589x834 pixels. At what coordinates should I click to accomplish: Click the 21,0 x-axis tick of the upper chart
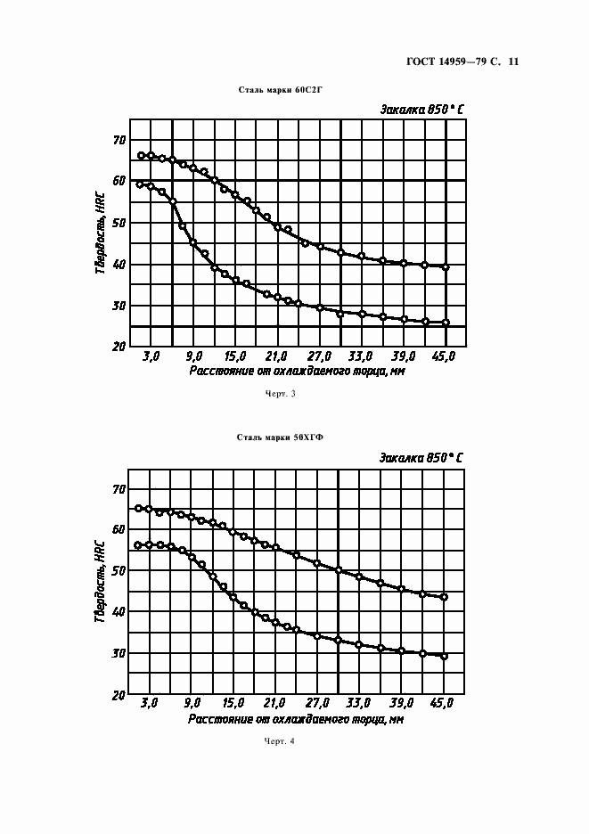click(276, 356)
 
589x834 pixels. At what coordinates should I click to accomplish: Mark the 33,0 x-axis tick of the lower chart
click(359, 704)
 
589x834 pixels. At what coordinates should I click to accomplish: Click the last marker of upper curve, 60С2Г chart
click(446, 267)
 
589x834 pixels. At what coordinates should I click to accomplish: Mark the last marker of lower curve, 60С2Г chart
click(446, 323)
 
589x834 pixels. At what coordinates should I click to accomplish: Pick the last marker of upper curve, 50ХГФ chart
click(444, 597)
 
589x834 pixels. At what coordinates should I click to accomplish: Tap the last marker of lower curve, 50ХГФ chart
click(444, 656)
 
